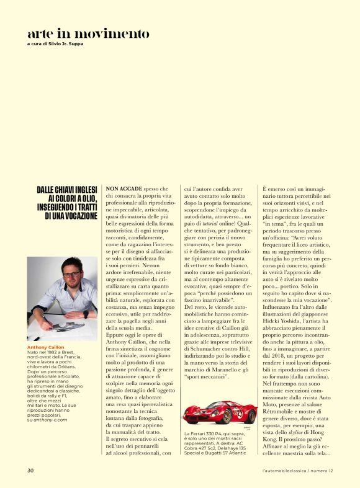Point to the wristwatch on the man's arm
click(86, 314)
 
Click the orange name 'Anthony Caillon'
click(45, 347)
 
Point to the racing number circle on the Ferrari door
click(222, 410)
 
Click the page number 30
click(30, 470)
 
